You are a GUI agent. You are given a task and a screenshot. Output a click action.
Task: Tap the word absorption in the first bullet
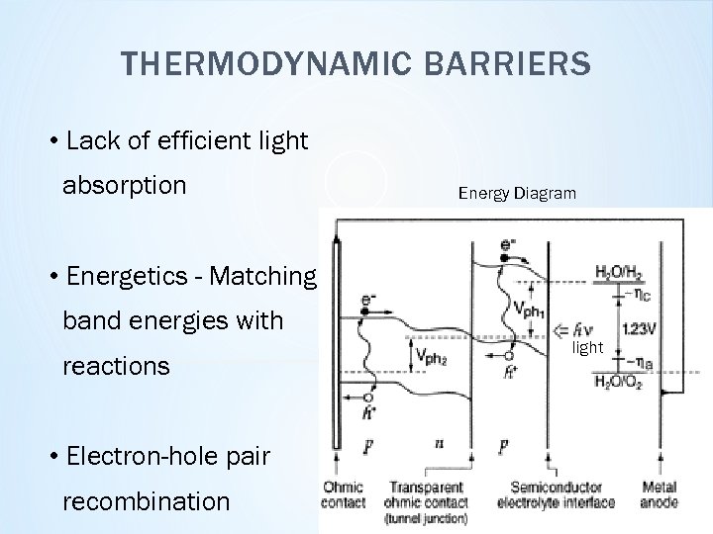124,186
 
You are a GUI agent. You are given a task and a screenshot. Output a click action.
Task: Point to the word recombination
147,501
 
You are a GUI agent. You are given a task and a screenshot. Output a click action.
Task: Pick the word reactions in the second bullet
116,366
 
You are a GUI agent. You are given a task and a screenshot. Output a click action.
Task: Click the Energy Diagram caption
516,193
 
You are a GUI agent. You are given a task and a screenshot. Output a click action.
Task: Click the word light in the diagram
587,348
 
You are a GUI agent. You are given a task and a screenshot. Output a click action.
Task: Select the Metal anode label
659,494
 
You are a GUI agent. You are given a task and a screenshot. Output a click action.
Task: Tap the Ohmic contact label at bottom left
343,494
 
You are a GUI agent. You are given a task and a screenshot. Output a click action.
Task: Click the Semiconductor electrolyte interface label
562,494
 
